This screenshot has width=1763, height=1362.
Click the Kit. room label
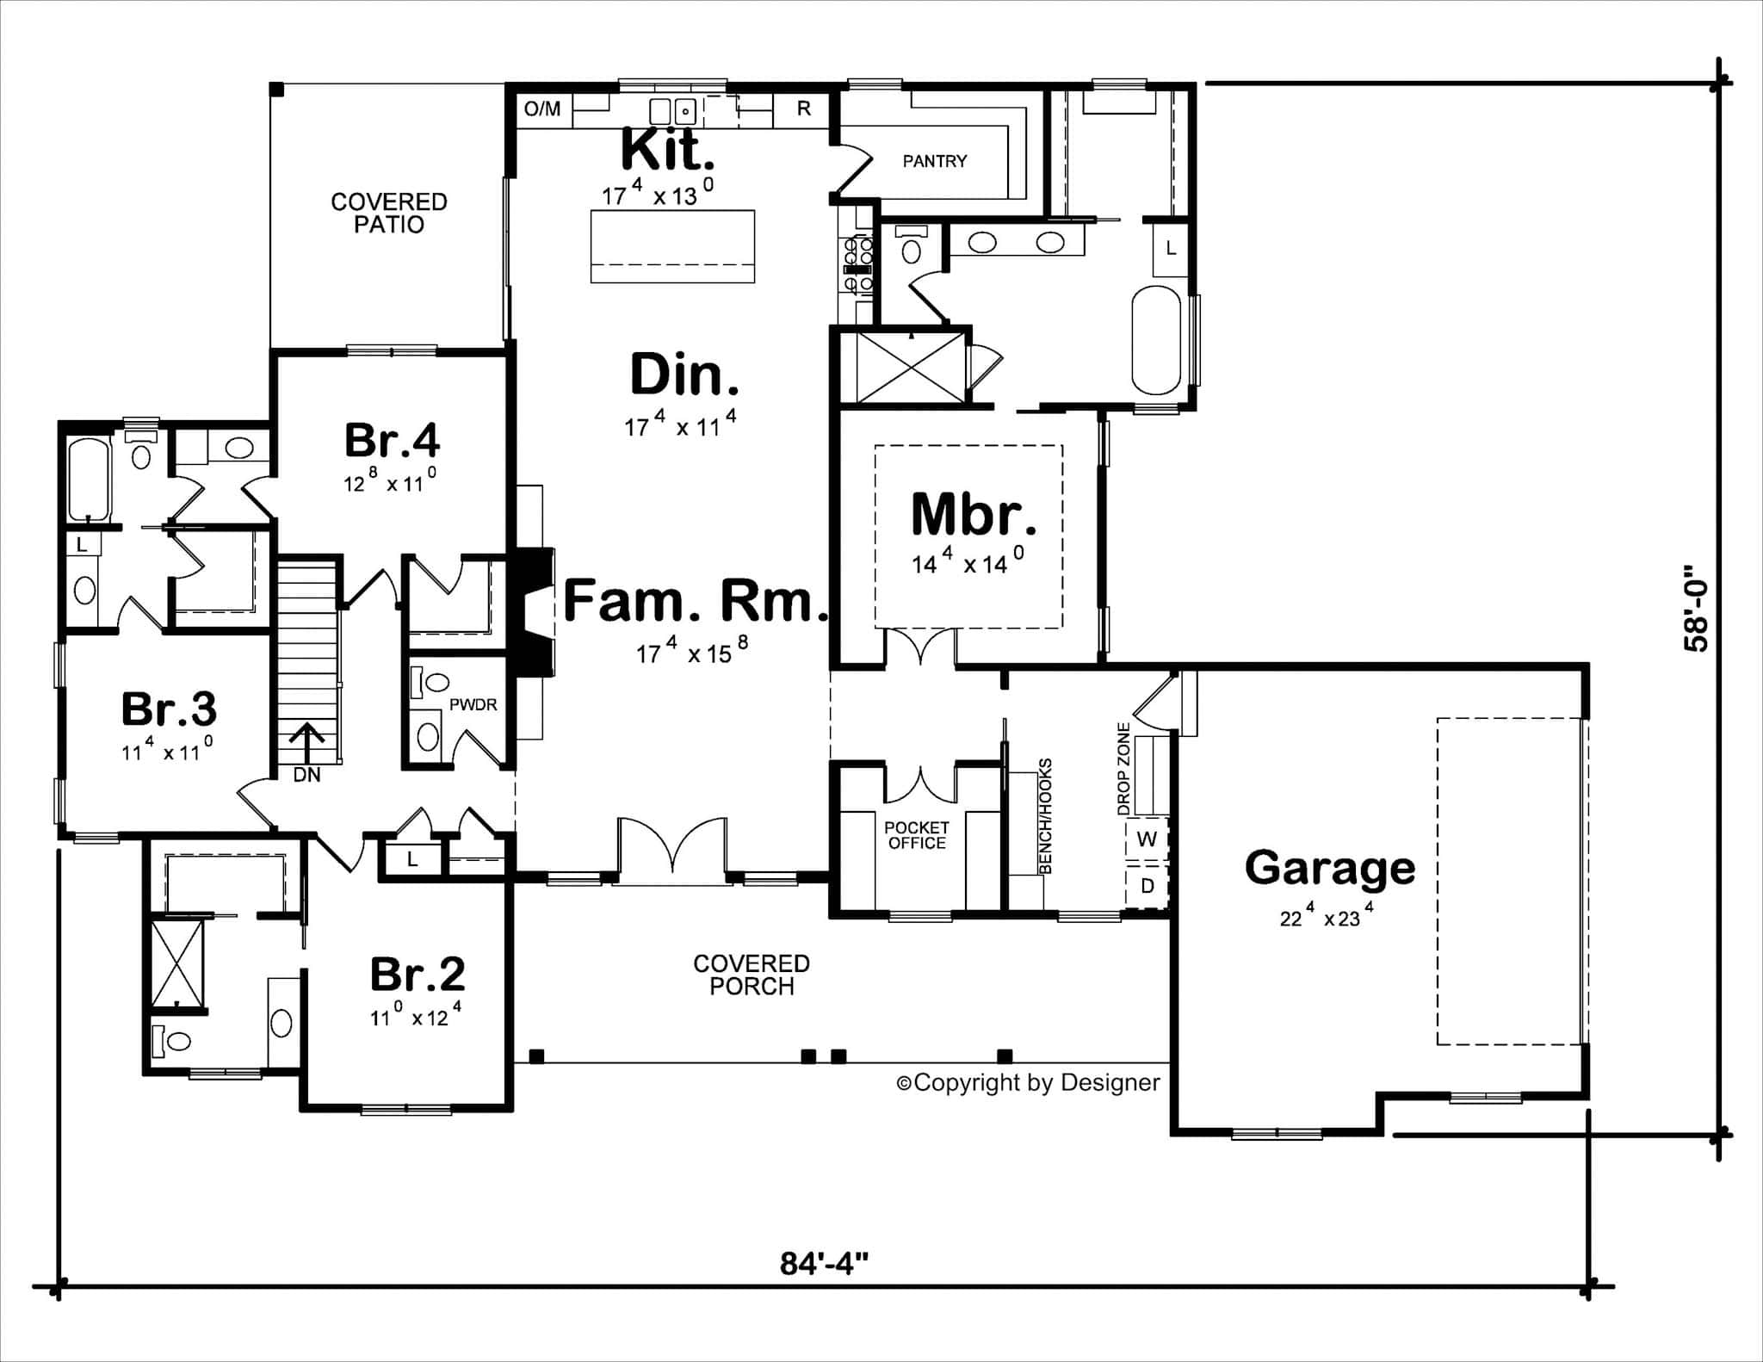point(667,150)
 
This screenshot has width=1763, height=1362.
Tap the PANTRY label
point(934,161)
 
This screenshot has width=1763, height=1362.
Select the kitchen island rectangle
point(672,246)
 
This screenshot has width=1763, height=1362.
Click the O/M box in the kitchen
point(542,108)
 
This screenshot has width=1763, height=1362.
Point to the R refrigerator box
point(803,108)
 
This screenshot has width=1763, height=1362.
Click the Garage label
point(1329,868)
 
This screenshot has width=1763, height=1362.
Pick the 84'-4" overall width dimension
point(824,1264)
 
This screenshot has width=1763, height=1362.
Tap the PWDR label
point(473,705)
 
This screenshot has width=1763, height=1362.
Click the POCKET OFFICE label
point(916,835)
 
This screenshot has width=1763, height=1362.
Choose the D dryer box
point(1147,885)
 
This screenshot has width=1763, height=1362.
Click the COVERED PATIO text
point(389,213)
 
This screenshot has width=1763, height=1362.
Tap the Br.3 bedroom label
point(169,709)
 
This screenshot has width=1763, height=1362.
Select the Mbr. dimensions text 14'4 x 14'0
point(968,563)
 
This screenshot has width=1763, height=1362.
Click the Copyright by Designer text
point(1029,1082)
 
